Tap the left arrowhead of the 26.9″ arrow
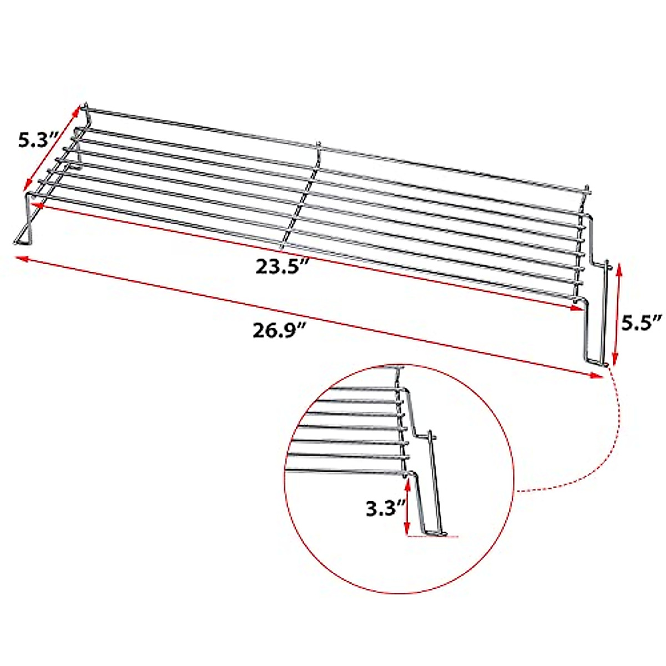pyautogui.click(x=20, y=258)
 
